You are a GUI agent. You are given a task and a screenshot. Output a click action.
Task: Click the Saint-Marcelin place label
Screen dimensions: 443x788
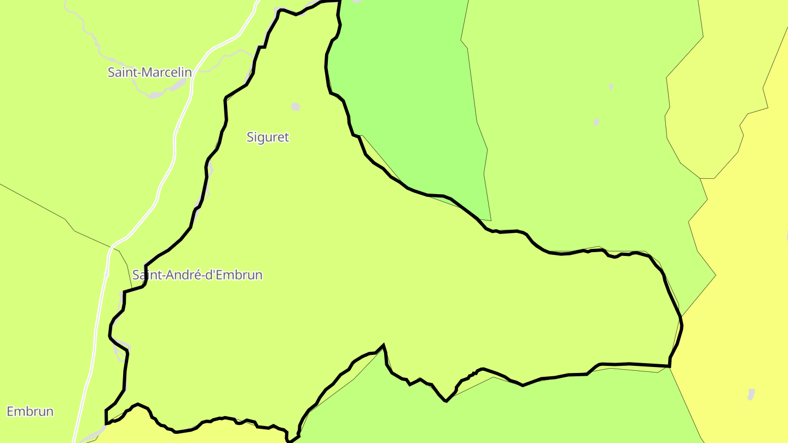tap(149, 72)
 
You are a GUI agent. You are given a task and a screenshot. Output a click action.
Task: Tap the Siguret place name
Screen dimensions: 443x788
tap(268, 137)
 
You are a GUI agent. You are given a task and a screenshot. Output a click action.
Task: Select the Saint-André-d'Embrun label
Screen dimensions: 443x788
tap(198, 275)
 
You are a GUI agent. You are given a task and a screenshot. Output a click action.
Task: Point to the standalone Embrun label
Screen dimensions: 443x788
tap(30, 411)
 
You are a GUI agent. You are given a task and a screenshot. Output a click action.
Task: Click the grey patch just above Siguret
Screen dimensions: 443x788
tap(296, 107)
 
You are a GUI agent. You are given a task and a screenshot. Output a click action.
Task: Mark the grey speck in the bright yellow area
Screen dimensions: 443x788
tap(751, 394)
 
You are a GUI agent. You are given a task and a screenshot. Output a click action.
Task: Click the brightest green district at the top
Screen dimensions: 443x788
tap(405, 82)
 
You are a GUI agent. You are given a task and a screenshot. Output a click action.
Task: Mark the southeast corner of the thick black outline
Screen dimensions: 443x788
tap(670, 366)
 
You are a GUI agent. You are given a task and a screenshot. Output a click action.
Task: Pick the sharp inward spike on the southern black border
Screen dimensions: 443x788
tap(384, 345)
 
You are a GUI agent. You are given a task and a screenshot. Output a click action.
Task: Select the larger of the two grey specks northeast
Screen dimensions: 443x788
tap(596, 121)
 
